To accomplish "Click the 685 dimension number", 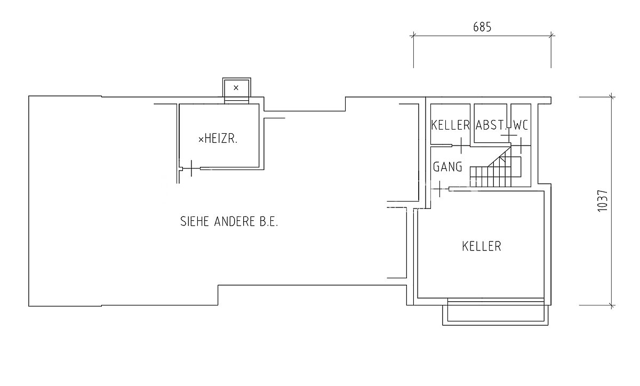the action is pyautogui.click(x=482, y=27).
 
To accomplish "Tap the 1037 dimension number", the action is pyautogui.click(x=603, y=201).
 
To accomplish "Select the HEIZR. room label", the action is pyautogui.click(x=221, y=139).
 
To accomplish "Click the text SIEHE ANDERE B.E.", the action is pyautogui.click(x=229, y=221).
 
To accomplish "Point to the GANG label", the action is pyautogui.click(x=447, y=167).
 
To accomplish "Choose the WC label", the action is pyautogui.click(x=521, y=125).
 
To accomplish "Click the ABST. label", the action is pyautogui.click(x=490, y=125).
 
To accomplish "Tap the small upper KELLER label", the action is pyautogui.click(x=450, y=125).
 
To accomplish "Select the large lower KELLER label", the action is pyautogui.click(x=482, y=246).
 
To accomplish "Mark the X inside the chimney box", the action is pyautogui.click(x=236, y=88).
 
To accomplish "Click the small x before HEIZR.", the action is pyautogui.click(x=201, y=140).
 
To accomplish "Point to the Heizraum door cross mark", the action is pyautogui.click(x=191, y=168).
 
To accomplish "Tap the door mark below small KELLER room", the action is pyautogui.click(x=461, y=146).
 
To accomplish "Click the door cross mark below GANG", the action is pyautogui.click(x=439, y=189).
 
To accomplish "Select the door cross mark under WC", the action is pyautogui.click(x=521, y=146).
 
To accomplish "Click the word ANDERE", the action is pyautogui.click(x=235, y=221).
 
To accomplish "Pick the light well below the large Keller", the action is pyautogui.click(x=495, y=312).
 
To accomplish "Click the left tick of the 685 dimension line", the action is pyautogui.click(x=413, y=36).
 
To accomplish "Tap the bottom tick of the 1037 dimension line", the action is pyautogui.click(x=611, y=305).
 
